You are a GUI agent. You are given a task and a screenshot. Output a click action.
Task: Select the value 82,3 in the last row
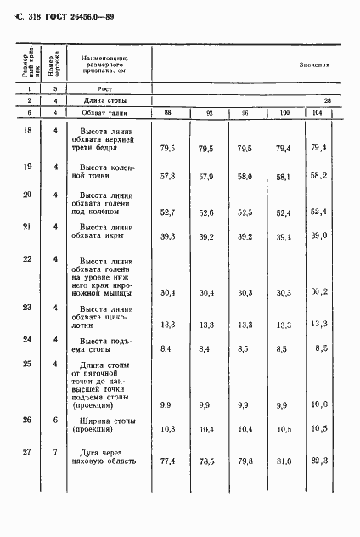click(x=318, y=484)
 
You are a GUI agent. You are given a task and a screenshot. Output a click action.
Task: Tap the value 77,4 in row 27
click(x=167, y=485)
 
